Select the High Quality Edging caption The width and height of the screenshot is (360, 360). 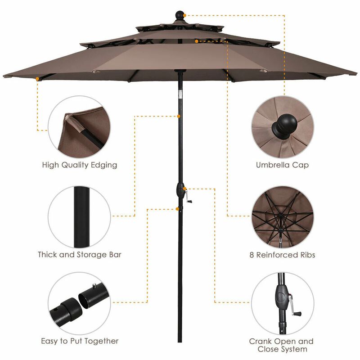[x=80, y=165]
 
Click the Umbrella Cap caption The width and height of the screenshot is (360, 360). [x=283, y=165]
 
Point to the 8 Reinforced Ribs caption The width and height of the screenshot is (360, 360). [x=283, y=255]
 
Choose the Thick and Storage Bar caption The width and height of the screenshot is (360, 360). [x=80, y=255]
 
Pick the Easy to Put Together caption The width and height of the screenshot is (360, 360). [x=80, y=341]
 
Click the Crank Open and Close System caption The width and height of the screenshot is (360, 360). [x=282, y=345]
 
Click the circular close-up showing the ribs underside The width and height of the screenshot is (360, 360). [x=283, y=216]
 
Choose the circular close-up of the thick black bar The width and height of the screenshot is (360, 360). [x=79, y=216]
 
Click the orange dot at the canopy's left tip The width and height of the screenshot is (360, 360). [x=36, y=79]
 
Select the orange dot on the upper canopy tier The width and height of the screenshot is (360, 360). [x=197, y=41]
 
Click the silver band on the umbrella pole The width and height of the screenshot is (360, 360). [x=180, y=94]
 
